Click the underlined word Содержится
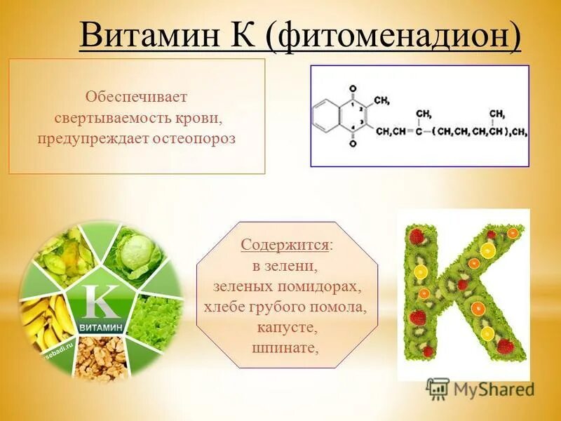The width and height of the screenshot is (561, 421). click(x=285, y=245)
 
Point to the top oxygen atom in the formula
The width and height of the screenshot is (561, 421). click(x=353, y=89)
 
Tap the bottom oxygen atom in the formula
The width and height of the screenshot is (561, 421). click(x=353, y=144)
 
